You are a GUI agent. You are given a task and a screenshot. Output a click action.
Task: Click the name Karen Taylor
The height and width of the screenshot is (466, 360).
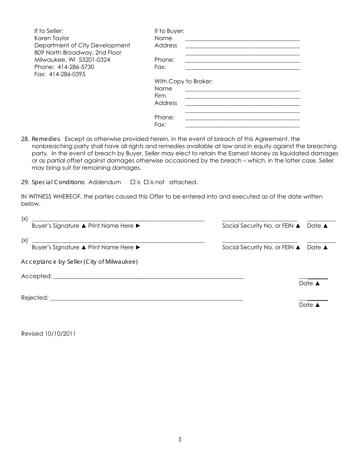52,38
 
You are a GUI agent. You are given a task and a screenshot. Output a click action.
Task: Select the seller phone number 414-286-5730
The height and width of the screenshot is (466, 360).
76,67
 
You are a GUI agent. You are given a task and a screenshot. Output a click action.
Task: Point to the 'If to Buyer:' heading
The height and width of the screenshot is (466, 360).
169,31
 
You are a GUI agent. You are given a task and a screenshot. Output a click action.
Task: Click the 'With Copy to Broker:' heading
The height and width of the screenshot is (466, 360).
183,81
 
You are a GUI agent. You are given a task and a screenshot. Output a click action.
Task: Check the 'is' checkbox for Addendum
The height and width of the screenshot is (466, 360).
133,182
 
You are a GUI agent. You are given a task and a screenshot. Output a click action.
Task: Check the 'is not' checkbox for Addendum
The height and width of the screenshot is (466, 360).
146,182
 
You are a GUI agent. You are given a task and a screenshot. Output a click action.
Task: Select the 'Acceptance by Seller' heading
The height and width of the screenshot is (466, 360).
79,262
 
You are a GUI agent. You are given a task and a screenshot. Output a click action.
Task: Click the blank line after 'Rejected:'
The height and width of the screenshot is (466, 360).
146,299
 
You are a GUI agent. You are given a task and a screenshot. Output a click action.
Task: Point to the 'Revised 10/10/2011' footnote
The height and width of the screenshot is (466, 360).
48,334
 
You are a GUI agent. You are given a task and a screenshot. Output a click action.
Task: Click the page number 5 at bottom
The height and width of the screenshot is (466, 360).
180,439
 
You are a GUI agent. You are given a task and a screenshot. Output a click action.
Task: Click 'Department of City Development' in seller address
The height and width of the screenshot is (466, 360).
82,45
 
